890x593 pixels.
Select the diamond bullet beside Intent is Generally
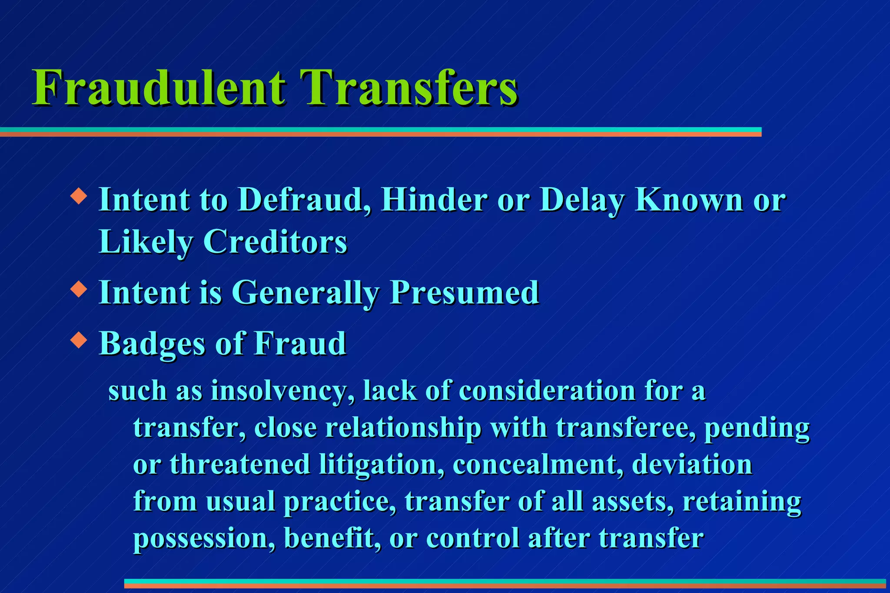coord(79,289)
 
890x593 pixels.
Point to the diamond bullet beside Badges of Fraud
coord(79,340)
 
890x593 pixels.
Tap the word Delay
coord(582,201)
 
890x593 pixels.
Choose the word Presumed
coord(465,293)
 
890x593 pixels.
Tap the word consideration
coord(547,391)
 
